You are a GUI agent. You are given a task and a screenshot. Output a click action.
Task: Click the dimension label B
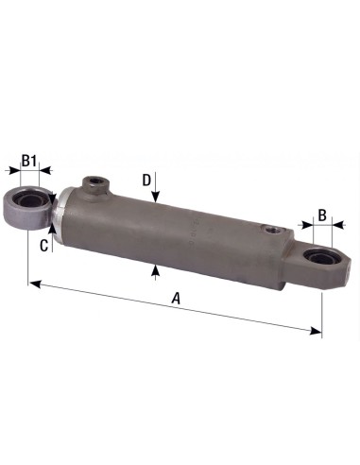(322, 215)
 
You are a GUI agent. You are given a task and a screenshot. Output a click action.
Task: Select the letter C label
(43, 245)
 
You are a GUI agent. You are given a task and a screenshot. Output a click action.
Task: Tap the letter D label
(146, 179)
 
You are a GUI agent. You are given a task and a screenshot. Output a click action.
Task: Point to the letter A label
(175, 299)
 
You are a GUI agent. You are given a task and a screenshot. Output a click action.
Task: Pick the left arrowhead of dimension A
(33, 282)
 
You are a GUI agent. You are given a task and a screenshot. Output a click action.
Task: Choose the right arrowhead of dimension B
(336, 227)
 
